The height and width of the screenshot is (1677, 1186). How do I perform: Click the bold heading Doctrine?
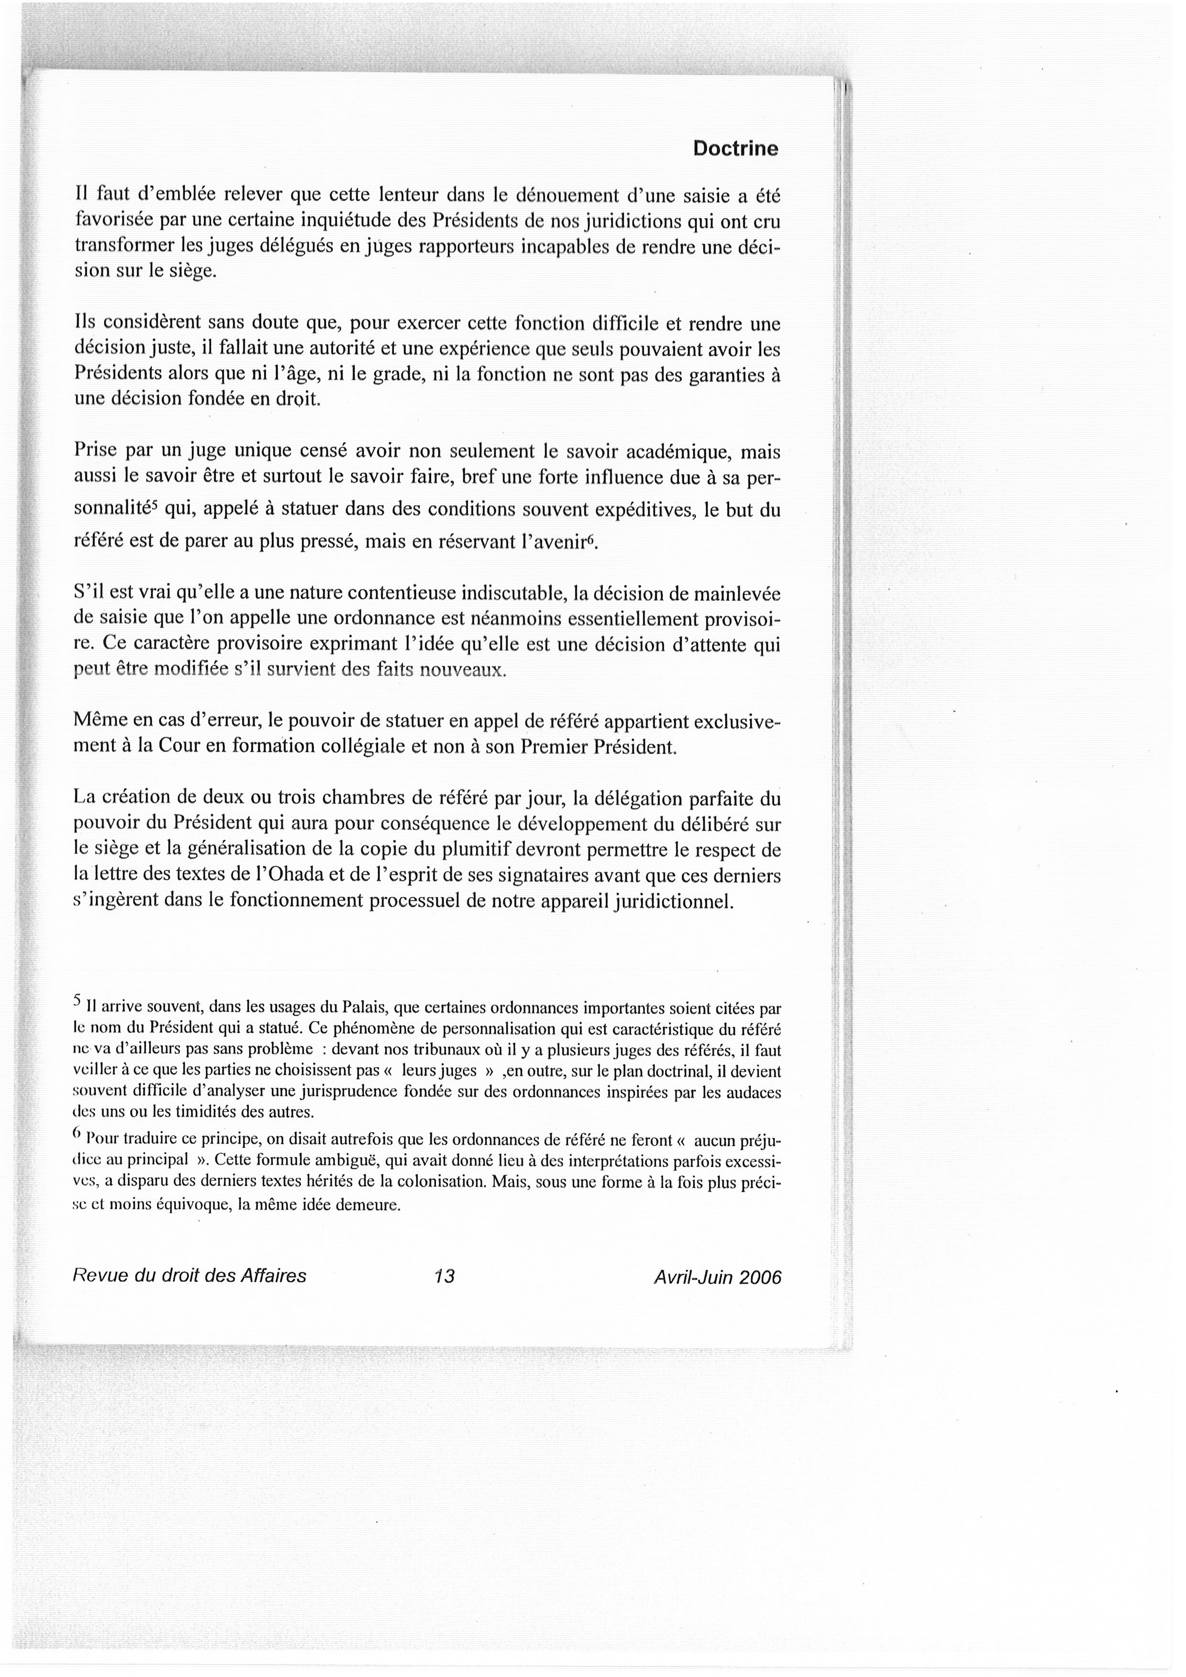(x=736, y=149)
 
